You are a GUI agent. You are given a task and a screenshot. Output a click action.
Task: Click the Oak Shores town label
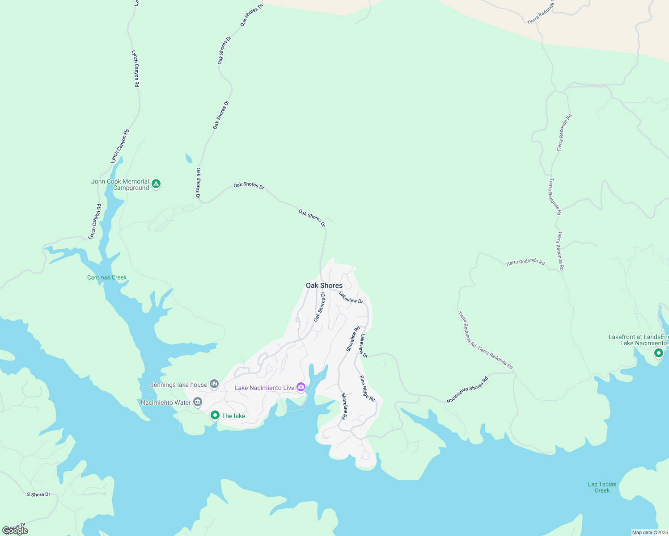click(324, 285)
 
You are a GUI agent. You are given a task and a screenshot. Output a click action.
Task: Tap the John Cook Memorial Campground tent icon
click(156, 184)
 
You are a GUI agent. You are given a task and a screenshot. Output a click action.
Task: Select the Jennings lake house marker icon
click(214, 384)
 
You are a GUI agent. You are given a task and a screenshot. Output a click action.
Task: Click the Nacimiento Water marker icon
click(198, 402)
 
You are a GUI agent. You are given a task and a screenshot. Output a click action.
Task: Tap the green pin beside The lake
click(215, 415)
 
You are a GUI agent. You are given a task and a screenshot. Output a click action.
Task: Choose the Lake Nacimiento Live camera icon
click(301, 387)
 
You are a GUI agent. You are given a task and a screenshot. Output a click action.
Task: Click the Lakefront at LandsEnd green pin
click(658, 353)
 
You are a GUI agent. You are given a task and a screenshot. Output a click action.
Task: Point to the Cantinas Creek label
click(107, 277)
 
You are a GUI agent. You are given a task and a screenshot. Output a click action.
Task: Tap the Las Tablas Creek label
click(602, 487)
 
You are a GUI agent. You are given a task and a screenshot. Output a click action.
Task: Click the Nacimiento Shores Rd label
click(467, 390)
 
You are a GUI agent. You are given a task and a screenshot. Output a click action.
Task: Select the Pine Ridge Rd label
click(368, 388)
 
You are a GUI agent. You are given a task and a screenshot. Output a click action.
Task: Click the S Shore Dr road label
click(38, 494)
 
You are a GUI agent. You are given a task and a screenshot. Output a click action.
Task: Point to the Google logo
click(15, 531)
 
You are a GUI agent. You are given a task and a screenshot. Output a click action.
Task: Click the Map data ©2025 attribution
click(649, 532)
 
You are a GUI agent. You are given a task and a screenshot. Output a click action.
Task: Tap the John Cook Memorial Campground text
click(120, 184)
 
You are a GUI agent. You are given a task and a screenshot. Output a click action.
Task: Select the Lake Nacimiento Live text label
click(264, 388)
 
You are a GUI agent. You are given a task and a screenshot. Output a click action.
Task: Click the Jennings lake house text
click(179, 385)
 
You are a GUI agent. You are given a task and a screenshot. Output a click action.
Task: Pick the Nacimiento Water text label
click(166, 402)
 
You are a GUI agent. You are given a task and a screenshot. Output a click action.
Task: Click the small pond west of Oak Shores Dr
click(189, 159)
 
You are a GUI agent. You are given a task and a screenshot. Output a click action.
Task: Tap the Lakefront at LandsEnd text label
click(639, 340)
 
